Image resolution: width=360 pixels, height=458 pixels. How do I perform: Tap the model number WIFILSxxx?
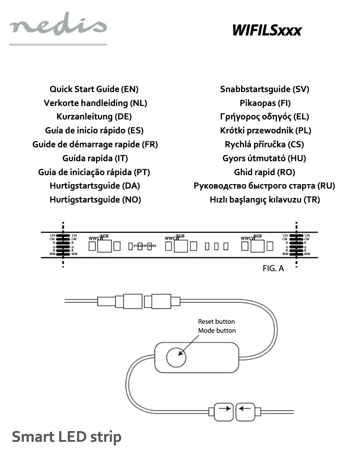coord(267,31)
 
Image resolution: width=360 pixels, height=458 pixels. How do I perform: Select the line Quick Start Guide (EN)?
coord(97,89)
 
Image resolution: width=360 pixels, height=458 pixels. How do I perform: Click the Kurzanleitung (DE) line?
coord(95,117)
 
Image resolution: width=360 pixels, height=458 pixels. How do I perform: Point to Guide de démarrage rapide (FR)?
coord(95,145)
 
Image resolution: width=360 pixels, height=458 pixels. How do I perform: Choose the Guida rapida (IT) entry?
coord(95,158)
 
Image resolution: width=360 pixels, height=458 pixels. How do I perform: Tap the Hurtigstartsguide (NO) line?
coord(95,200)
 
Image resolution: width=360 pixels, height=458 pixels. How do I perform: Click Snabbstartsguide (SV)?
coord(264,89)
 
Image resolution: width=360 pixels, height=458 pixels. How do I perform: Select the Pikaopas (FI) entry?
coord(265,103)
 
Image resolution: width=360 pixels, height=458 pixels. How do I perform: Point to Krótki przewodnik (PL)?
coord(264,131)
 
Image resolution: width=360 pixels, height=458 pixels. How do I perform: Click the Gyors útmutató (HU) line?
coord(264,158)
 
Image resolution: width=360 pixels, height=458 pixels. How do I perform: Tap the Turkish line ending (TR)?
coord(264,200)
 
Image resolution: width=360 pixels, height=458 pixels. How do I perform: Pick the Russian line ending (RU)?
coord(264,186)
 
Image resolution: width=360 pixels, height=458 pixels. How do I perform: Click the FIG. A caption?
coord(273,269)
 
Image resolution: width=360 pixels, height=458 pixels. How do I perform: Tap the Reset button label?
coord(216,321)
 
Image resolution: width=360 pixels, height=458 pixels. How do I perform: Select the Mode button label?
coord(216,330)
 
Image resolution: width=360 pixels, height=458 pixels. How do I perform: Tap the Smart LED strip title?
coord(66,437)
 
